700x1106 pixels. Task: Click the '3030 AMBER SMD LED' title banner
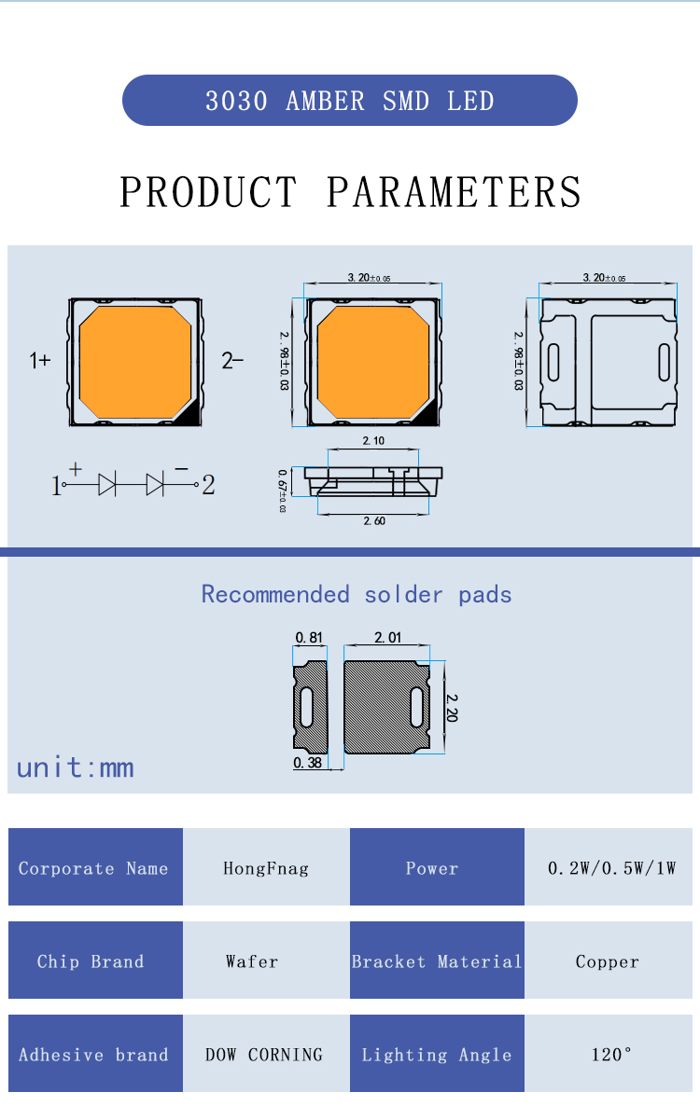[350, 101]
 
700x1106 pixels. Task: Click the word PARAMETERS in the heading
[454, 192]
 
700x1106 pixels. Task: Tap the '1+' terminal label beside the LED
[40, 361]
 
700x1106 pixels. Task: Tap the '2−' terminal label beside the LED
[232, 361]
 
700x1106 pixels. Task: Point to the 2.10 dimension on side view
[372, 441]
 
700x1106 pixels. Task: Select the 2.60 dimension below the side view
[373, 521]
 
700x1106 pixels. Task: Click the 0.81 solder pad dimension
[309, 638]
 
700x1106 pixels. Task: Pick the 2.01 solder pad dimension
[387, 638]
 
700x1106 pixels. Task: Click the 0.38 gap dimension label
[308, 763]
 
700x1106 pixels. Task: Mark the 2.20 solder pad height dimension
[452, 708]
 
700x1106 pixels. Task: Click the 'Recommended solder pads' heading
[357, 594]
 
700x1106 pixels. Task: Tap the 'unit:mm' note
[75, 767]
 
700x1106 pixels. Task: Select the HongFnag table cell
[266, 868]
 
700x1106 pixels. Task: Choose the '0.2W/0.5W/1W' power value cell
[611, 868]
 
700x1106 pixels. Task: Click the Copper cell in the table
[608, 961]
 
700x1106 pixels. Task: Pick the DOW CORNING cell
[264, 1055]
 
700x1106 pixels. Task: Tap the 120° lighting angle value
[611, 1055]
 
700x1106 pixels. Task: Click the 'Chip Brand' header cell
[91, 961]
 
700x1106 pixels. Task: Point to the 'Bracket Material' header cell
[437, 961]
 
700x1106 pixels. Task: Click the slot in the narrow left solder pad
[307, 708]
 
